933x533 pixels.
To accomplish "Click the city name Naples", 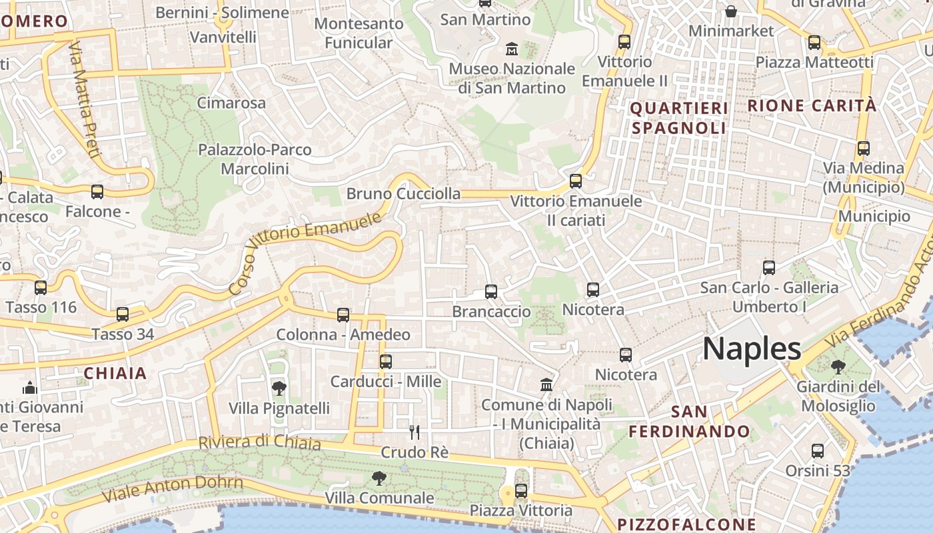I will click(752, 348).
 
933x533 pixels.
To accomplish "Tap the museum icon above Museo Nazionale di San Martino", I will click(512, 49).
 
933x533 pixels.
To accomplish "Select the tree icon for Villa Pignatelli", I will click(279, 388).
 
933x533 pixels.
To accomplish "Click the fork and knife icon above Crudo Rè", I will click(415, 432).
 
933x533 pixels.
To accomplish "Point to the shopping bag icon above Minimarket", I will click(731, 11).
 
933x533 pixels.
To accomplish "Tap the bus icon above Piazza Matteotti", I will click(814, 43).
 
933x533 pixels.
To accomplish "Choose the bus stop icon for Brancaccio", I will click(491, 291).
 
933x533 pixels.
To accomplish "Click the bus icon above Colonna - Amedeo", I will click(343, 314).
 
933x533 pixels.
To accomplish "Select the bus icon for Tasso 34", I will click(123, 314).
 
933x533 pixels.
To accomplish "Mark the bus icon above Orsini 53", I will click(818, 451).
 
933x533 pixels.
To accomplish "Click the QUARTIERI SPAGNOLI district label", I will click(678, 118).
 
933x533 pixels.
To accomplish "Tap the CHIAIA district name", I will click(115, 373).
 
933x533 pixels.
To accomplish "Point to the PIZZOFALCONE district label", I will click(686, 524).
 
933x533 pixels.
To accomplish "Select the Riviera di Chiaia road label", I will click(259, 442).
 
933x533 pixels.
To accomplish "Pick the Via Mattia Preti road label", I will click(85, 100).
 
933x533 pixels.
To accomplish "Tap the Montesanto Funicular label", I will click(359, 33).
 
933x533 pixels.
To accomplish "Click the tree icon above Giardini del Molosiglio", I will click(838, 366).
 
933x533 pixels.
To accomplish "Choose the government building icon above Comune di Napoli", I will click(546, 384).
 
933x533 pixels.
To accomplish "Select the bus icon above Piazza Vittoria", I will click(521, 491).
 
